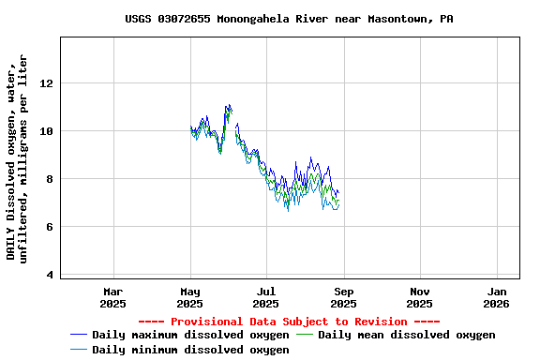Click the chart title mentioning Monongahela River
(x=289, y=19)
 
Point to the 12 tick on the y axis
(x=46, y=83)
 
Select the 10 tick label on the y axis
(x=46, y=131)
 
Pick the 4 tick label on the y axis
(x=49, y=275)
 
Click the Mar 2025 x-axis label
(x=113, y=297)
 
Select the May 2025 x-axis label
(x=190, y=297)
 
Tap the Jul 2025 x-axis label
(x=267, y=297)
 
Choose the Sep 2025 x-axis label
(x=344, y=297)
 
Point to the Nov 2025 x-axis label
(x=421, y=297)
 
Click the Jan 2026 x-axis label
(x=498, y=297)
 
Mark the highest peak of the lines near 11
(x=228, y=106)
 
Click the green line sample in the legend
(x=305, y=335)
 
